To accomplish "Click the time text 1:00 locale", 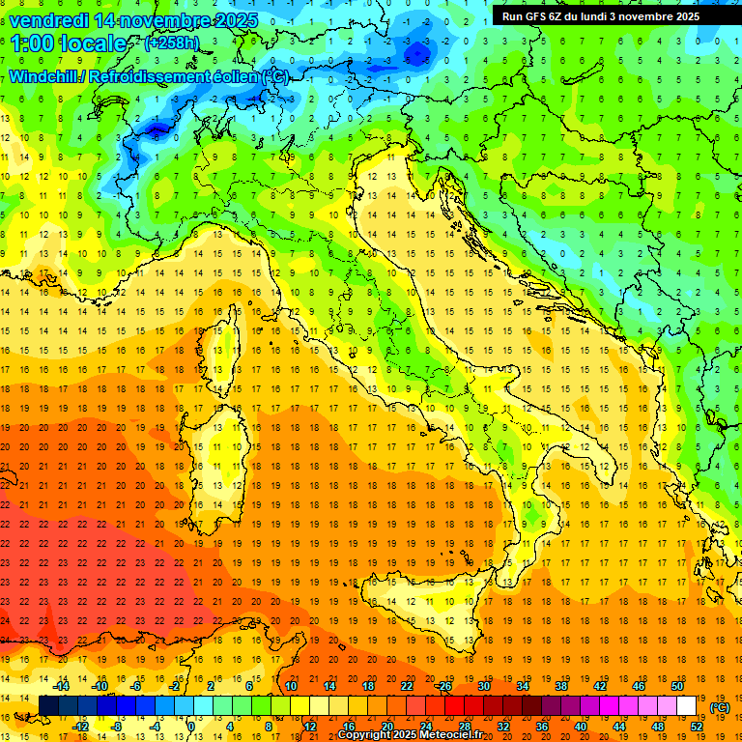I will tap(68, 43).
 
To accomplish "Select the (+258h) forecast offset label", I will tap(171, 43).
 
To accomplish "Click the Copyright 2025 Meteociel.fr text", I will tap(410, 735).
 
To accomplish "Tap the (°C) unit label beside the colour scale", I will tap(720, 707).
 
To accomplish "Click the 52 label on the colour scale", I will tap(697, 727).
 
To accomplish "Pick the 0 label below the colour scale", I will tap(192, 727).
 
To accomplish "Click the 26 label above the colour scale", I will tap(444, 686).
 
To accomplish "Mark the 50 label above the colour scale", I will tap(677, 686).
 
